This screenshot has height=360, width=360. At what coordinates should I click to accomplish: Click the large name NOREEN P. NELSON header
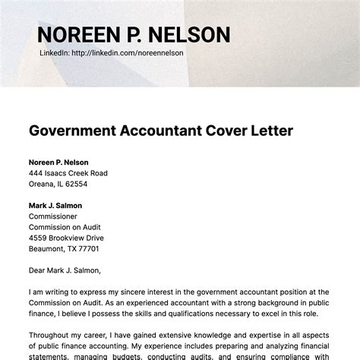(x=133, y=35)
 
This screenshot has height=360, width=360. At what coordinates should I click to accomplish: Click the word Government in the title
(x=72, y=130)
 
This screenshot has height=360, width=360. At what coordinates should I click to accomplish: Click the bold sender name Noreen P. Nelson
(x=58, y=163)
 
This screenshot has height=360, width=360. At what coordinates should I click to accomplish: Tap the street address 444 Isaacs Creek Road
(x=68, y=173)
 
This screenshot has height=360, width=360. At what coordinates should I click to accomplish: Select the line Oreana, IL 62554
(x=58, y=184)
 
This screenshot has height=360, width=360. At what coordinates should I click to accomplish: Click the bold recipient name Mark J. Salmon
(x=55, y=205)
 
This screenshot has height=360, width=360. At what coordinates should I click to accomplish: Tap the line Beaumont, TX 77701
(x=64, y=248)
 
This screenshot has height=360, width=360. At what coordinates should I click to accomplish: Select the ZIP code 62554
(x=75, y=184)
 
